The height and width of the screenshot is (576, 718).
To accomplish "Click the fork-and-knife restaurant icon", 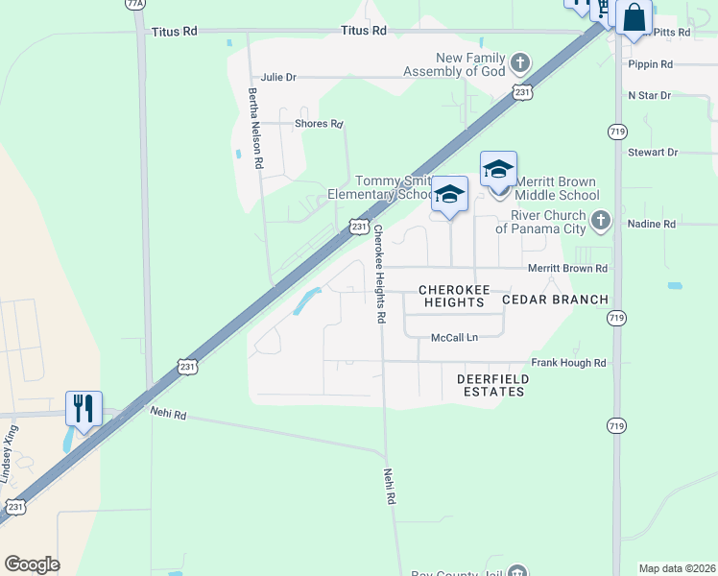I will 84,408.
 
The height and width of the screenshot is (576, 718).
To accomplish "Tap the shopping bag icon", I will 634,17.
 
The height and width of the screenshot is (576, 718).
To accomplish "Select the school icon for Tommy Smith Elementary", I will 449,194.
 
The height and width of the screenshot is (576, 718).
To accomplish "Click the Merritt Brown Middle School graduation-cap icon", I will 498,169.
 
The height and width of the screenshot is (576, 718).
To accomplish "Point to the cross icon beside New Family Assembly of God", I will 519,64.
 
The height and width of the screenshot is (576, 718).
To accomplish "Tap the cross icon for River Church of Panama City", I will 601,221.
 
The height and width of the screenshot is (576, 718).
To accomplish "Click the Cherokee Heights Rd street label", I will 379,274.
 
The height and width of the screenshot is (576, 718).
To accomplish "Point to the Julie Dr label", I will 278,77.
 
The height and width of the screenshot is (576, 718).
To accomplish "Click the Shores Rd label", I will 320,124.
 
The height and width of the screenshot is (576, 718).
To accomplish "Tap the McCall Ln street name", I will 454,337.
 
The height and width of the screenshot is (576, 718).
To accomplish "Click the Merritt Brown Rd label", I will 568,269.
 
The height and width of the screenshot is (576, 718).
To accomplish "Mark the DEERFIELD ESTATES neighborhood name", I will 491,385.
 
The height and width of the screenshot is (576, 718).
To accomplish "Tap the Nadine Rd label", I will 652,224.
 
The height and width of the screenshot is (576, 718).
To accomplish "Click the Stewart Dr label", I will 653,153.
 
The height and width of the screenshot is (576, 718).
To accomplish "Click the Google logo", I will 32,564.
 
